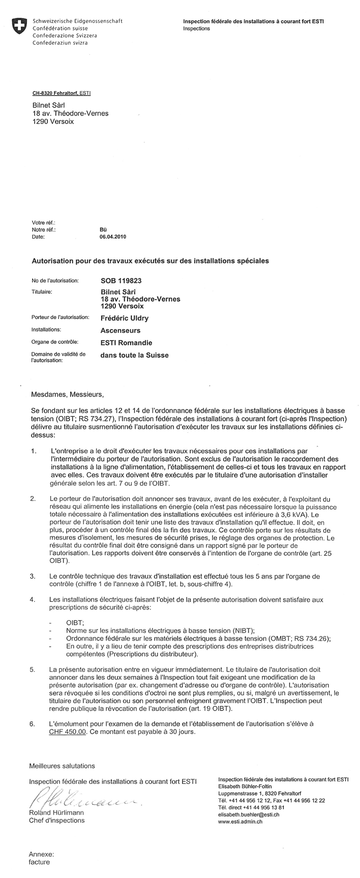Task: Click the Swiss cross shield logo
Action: (19, 26)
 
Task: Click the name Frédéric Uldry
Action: (125, 318)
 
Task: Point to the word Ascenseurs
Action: (121, 330)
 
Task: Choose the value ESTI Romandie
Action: (126, 343)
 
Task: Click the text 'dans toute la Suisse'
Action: (134, 355)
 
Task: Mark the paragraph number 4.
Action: (33, 600)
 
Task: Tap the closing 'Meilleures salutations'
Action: (62, 766)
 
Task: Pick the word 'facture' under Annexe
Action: (40, 862)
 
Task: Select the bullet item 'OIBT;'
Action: (75, 622)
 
